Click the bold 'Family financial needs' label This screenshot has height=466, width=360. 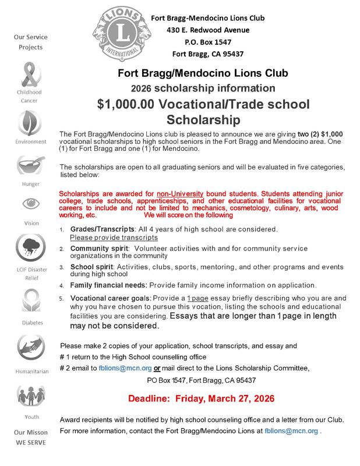[x=108, y=285]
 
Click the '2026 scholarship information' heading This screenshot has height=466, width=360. [x=203, y=89]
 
